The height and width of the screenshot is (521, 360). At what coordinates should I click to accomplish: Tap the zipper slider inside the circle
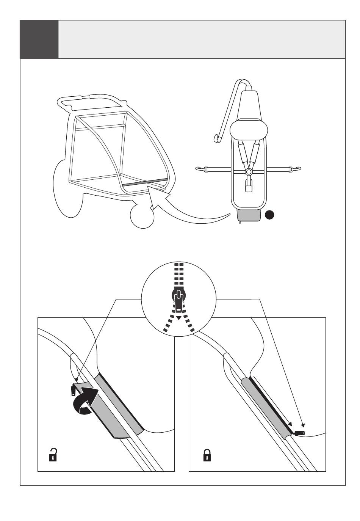178,300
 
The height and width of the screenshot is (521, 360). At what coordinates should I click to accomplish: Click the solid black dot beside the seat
269,215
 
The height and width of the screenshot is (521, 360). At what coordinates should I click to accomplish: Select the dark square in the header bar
39,39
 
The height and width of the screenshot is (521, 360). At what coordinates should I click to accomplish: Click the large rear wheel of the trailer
66,190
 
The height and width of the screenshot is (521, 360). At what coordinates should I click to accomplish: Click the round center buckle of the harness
249,172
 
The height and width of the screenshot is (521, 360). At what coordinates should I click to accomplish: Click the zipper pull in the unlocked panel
73,389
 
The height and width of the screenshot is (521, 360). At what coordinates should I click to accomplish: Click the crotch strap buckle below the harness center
249,187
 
